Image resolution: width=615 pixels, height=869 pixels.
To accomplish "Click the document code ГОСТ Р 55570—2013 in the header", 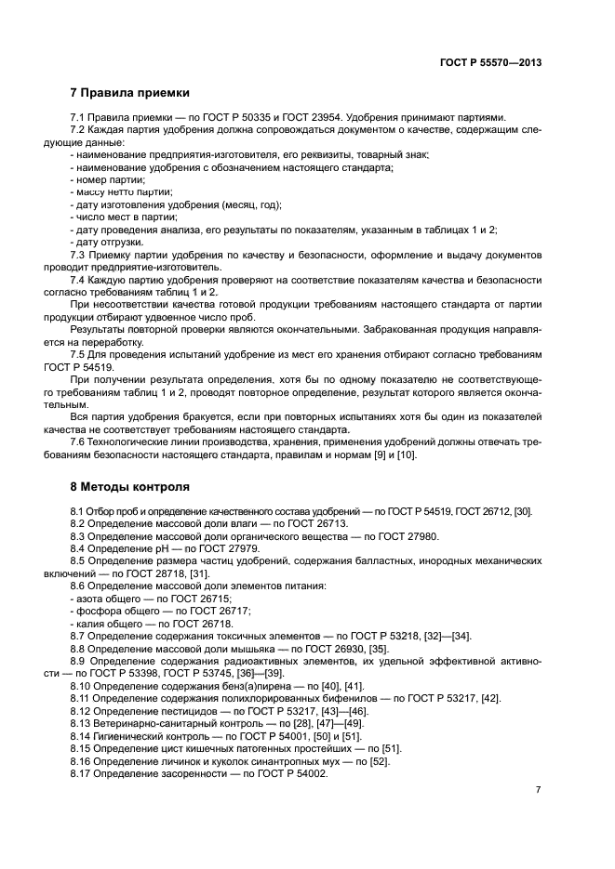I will click(x=490, y=62).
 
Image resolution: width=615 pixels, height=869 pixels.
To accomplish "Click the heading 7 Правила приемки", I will click(x=130, y=93).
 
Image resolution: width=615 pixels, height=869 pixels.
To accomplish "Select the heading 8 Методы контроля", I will click(x=130, y=486).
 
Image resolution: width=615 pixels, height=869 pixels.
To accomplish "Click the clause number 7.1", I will click(x=78, y=117).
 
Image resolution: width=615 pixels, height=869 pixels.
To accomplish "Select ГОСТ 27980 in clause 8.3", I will click(x=392, y=536).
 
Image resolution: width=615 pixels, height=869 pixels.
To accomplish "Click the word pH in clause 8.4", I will click(x=174, y=549).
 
